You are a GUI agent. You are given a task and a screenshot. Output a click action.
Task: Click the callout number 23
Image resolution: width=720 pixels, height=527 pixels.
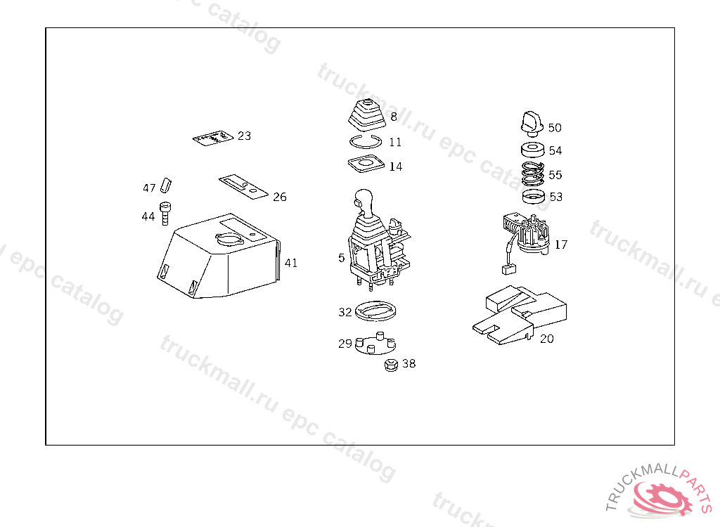tap(244, 136)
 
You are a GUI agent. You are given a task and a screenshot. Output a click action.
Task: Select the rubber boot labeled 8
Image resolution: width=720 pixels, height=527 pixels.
tap(365, 116)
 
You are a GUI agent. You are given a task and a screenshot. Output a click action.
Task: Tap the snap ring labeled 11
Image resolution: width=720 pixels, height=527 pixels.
tap(365, 141)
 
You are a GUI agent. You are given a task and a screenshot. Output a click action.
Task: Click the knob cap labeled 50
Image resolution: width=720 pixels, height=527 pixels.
tap(531, 122)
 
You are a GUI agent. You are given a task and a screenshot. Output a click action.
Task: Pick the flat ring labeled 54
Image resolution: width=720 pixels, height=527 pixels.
tap(534, 150)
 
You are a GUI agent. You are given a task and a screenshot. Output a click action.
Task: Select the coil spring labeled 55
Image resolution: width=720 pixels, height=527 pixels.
tap(534, 173)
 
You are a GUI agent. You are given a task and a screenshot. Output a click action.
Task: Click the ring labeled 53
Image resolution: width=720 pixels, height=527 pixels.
tap(534, 196)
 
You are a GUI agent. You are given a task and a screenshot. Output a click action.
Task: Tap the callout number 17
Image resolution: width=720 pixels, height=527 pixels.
tap(561, 245)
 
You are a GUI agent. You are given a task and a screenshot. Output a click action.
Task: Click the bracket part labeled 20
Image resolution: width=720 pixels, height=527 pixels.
tap(520, 316)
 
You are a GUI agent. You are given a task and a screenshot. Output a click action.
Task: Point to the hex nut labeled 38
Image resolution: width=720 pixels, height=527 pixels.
tap(391, 365)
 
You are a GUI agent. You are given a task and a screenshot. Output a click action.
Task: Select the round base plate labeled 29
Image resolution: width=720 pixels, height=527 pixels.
tap(373, 346)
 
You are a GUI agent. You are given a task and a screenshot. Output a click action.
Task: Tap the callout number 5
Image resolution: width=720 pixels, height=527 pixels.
tap(342, 258)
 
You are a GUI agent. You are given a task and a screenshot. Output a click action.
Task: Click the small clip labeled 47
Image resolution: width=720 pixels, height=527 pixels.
tap(165, 184)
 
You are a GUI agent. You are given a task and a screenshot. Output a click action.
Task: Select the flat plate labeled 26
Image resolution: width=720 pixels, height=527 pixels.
tap(243, 186)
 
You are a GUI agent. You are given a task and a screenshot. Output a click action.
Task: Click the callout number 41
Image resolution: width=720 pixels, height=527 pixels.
tap(291, 263)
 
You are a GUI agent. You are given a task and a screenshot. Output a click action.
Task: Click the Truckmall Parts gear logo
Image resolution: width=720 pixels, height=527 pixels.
tap(661, 495)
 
